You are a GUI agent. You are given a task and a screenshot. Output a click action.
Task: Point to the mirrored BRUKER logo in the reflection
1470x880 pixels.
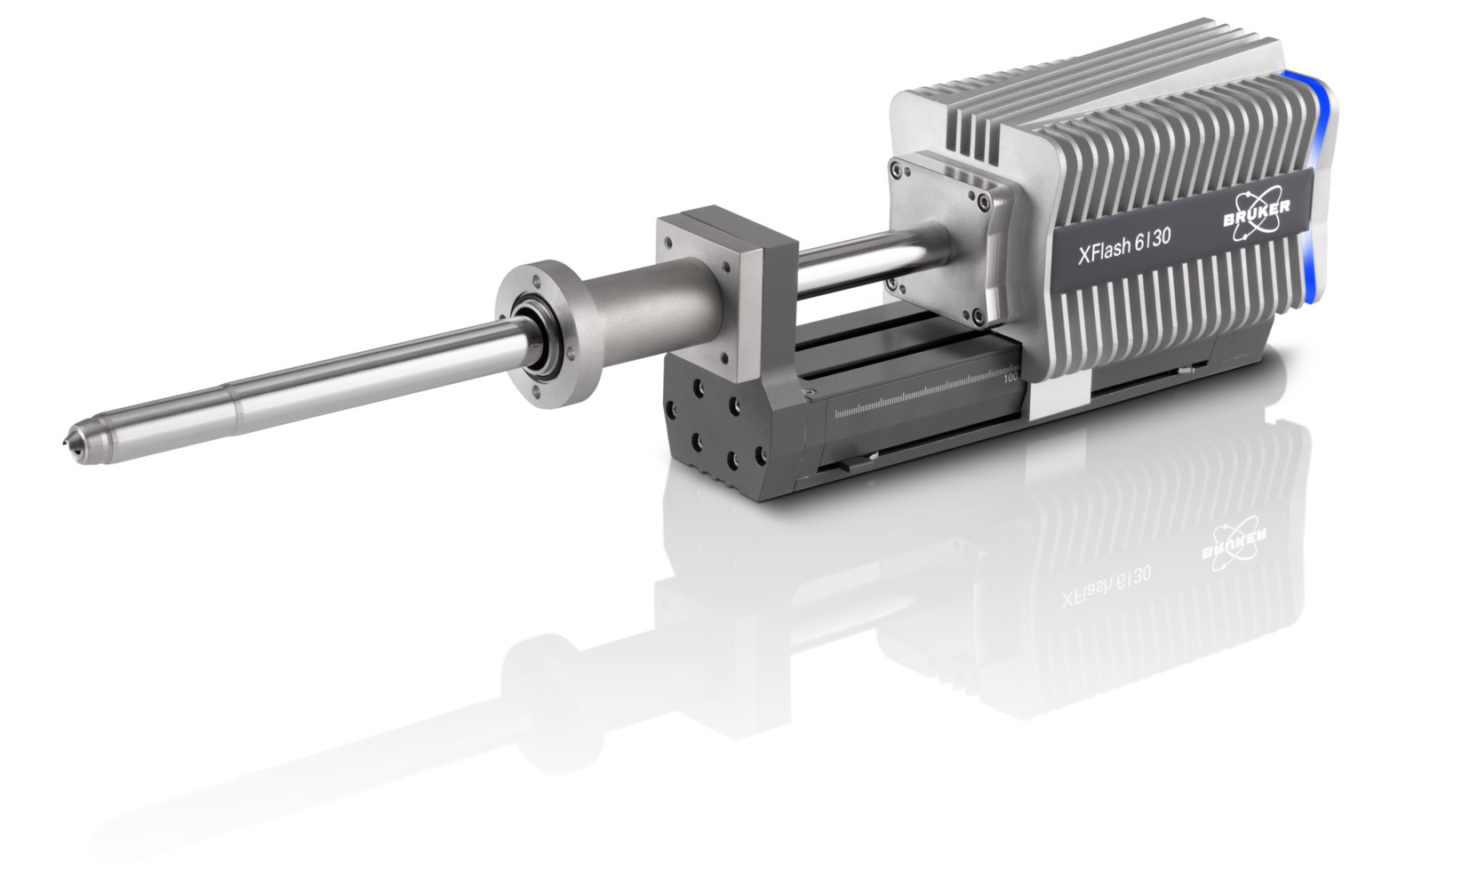click(1234, 546)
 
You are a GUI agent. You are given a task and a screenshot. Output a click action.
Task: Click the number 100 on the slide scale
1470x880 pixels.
click(1011, 377)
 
